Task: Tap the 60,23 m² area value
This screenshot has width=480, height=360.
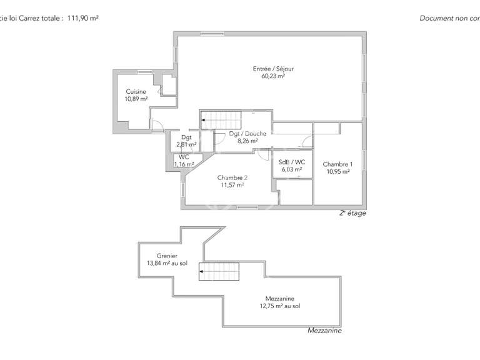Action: click(x=273, y=76)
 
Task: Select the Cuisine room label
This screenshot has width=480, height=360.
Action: click(x=136, y=91)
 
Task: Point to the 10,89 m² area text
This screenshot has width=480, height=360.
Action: click(x=136, y=99)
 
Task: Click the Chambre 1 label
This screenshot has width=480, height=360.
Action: click(x=337, y=164)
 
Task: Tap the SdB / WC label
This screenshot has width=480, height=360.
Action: click(x=291, y=161)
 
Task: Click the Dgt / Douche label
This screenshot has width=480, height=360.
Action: click(x=247, y=133)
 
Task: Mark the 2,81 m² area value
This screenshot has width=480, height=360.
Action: click(x=186, y=144)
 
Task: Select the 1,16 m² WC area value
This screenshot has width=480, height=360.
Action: click(x=184, y=164)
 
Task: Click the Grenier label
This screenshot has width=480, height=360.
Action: click(x=167, y=256)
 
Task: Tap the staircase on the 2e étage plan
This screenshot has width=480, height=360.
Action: click(x=221, y=117)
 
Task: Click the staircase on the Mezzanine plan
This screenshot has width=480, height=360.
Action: click(x=219, y=271)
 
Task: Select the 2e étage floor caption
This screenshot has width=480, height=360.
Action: click(x=352, y=213)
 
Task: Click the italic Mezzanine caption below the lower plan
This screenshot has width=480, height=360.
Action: click(x=324, y=331)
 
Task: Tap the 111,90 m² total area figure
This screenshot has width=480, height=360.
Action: click(x=83, y=18)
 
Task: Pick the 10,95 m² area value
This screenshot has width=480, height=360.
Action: click(x=337, y=172)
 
